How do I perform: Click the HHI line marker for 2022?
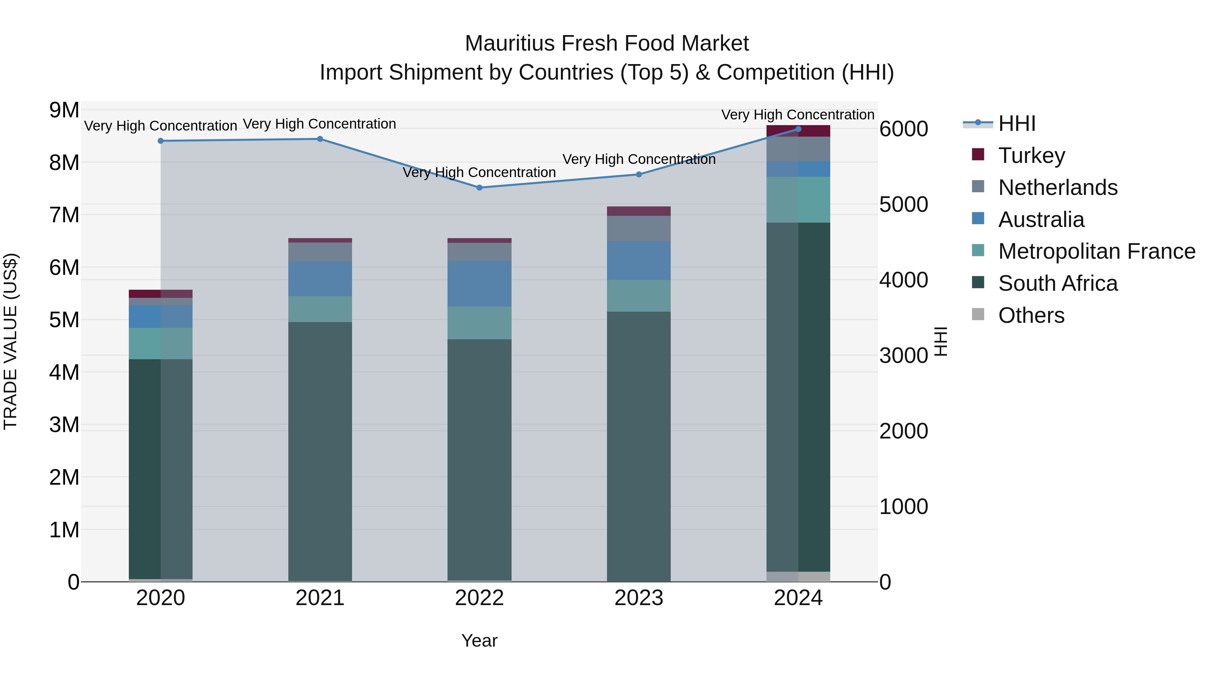tap(479, 188)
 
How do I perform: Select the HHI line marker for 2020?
tap(161, 141)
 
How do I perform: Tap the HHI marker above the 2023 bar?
tap(639, 174)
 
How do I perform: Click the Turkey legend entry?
tap(1031, 155)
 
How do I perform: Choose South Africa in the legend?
tap(1058, 283)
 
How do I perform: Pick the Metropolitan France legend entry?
tap(1096, 251)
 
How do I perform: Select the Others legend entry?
tap(1031, 315)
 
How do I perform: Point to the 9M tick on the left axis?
tap(64, 110)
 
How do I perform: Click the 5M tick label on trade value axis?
tap(64, 320)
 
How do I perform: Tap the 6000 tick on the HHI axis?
tap(903, 129)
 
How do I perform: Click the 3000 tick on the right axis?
tap(903, 355)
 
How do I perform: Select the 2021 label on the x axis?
tap(320, 598)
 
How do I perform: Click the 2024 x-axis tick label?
tap(798, 598)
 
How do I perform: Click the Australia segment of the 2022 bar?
tap(479, 284)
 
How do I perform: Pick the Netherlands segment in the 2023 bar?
tap(639, 229)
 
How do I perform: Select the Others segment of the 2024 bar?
tap(798, 576)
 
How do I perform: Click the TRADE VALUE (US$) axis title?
tap(10, 341)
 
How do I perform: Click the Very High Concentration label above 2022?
tap(479, 172)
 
